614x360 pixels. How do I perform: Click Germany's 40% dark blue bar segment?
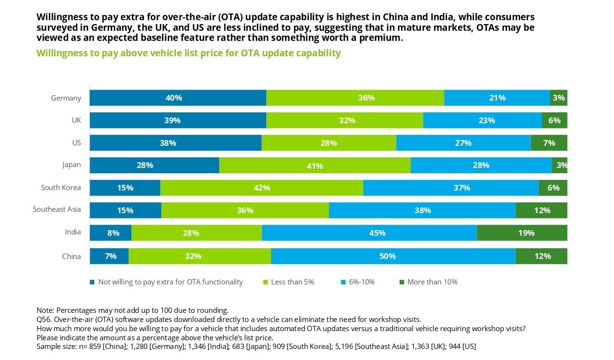click(178, 98)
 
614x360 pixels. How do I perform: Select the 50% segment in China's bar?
click(393, 256)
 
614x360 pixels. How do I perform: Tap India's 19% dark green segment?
click(522, 233)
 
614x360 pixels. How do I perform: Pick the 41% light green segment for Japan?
click(315, 165)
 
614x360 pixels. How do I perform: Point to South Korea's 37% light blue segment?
click(451, 188)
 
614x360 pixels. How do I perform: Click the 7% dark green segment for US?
click(549, 143)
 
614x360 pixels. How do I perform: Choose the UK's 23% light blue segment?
click(483, 120)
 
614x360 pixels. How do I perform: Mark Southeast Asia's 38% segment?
click(422, 210)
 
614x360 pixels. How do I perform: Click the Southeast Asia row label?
click(57, 209)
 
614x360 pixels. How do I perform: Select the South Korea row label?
click(61, 188)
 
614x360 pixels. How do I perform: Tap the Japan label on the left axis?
click(72, 165)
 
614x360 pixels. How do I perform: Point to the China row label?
click(72, 257)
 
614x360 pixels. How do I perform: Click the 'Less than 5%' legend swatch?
click(265, 282)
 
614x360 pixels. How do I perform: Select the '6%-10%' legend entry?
click(358, 282)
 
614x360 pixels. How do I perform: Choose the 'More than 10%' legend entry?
click(429, 282)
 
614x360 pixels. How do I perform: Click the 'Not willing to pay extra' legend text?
click(170, 282)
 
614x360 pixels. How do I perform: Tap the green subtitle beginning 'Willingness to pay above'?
click(189, 53)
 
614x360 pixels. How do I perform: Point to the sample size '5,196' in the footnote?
click(344, 347)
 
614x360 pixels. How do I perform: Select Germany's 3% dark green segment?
click(559, 98)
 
